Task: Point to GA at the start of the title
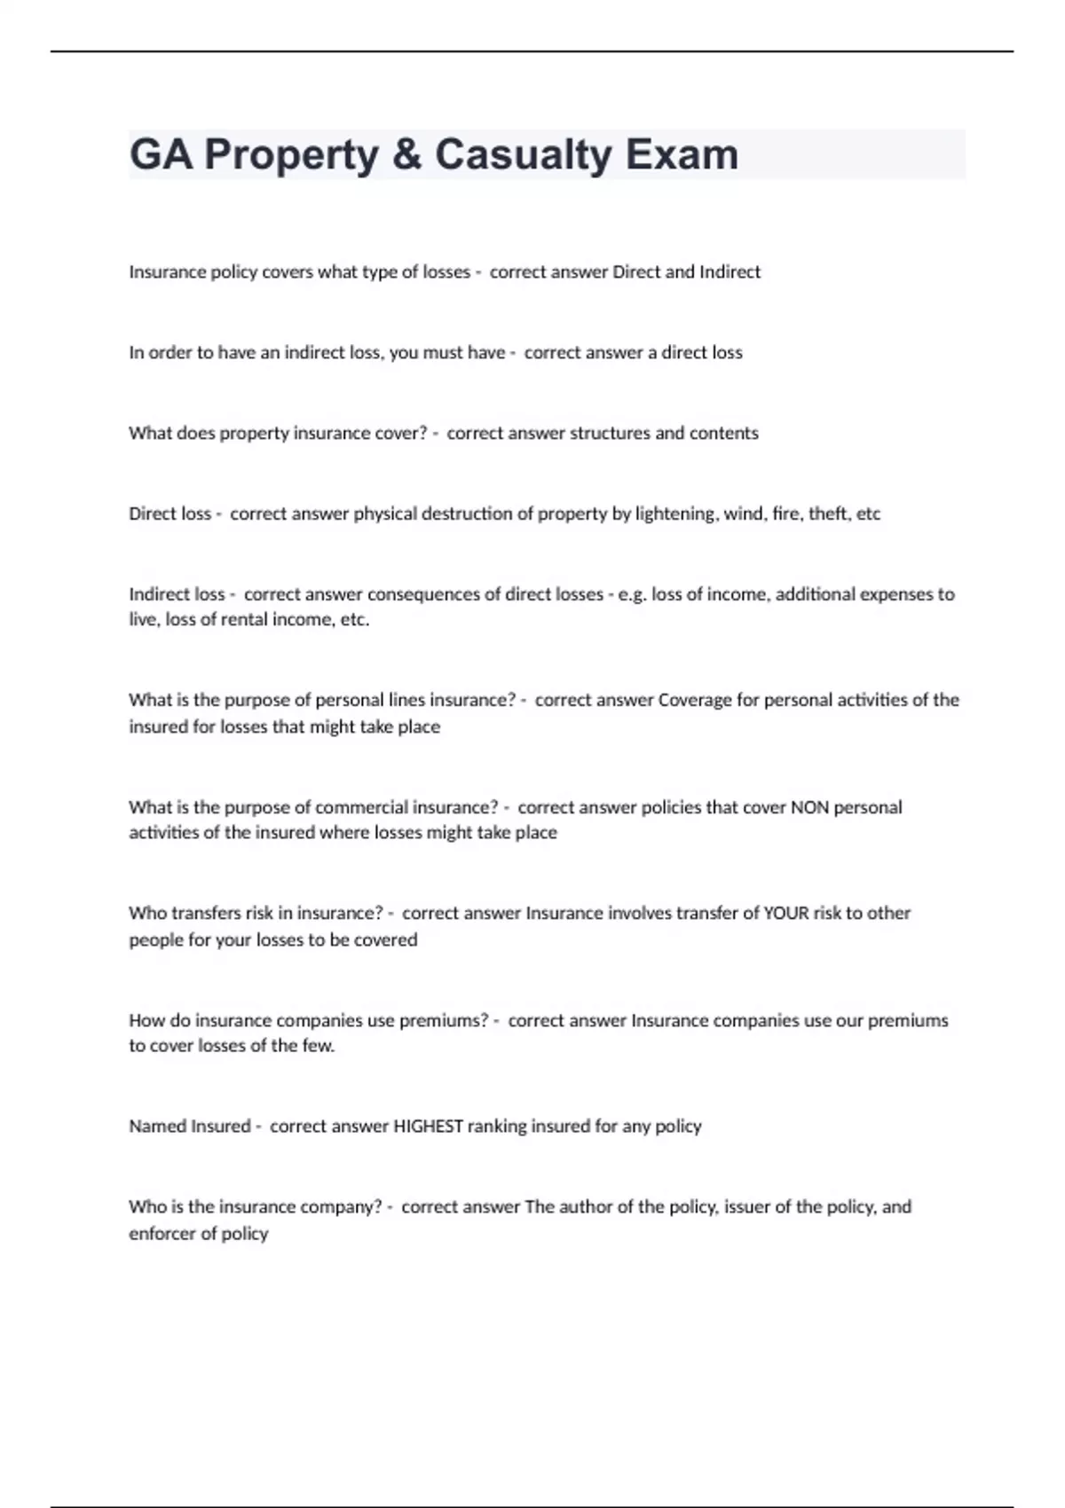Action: [x=161, y=154]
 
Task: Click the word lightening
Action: [x=674, y=514]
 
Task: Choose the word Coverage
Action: [x=695, y=700]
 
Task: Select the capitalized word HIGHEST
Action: [x=428, y=1126]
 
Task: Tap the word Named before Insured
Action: [x=153, y=1126]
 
